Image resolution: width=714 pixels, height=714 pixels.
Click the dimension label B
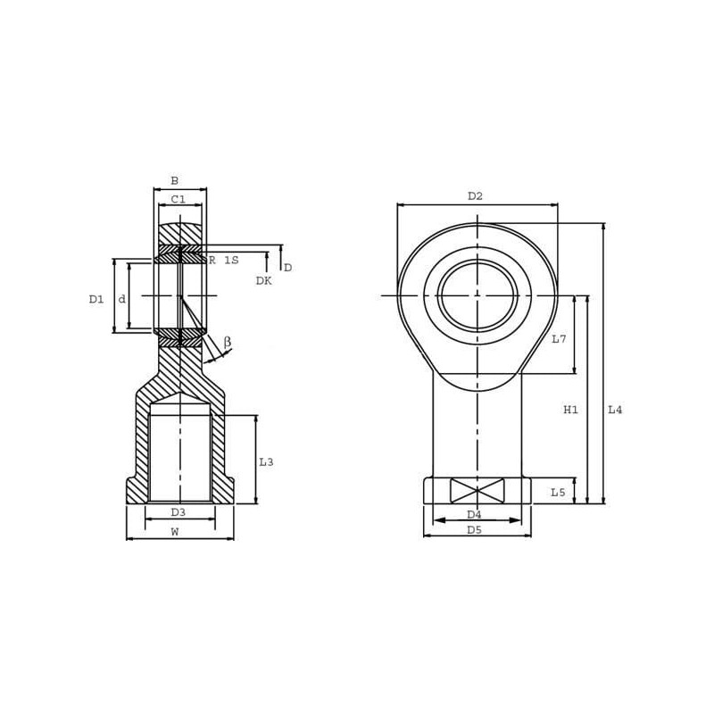(x=174, y=181)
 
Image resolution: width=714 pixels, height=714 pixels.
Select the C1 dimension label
(x=178, y=199)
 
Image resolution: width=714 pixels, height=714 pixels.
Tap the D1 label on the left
(x=96, y=299)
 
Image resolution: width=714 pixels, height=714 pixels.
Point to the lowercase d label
(x=121, y=299)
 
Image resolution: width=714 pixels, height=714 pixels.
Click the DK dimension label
(x=263, y=280)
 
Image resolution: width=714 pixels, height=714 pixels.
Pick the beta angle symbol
(x=228, y=342)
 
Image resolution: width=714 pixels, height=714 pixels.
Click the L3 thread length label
(x=266, y=461)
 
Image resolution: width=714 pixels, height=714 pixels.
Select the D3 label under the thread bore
(x=178, y=512)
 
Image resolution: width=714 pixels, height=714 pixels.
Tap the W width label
(x=174, y=531)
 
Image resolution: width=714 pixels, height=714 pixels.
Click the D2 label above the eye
(x=475, y=196)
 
